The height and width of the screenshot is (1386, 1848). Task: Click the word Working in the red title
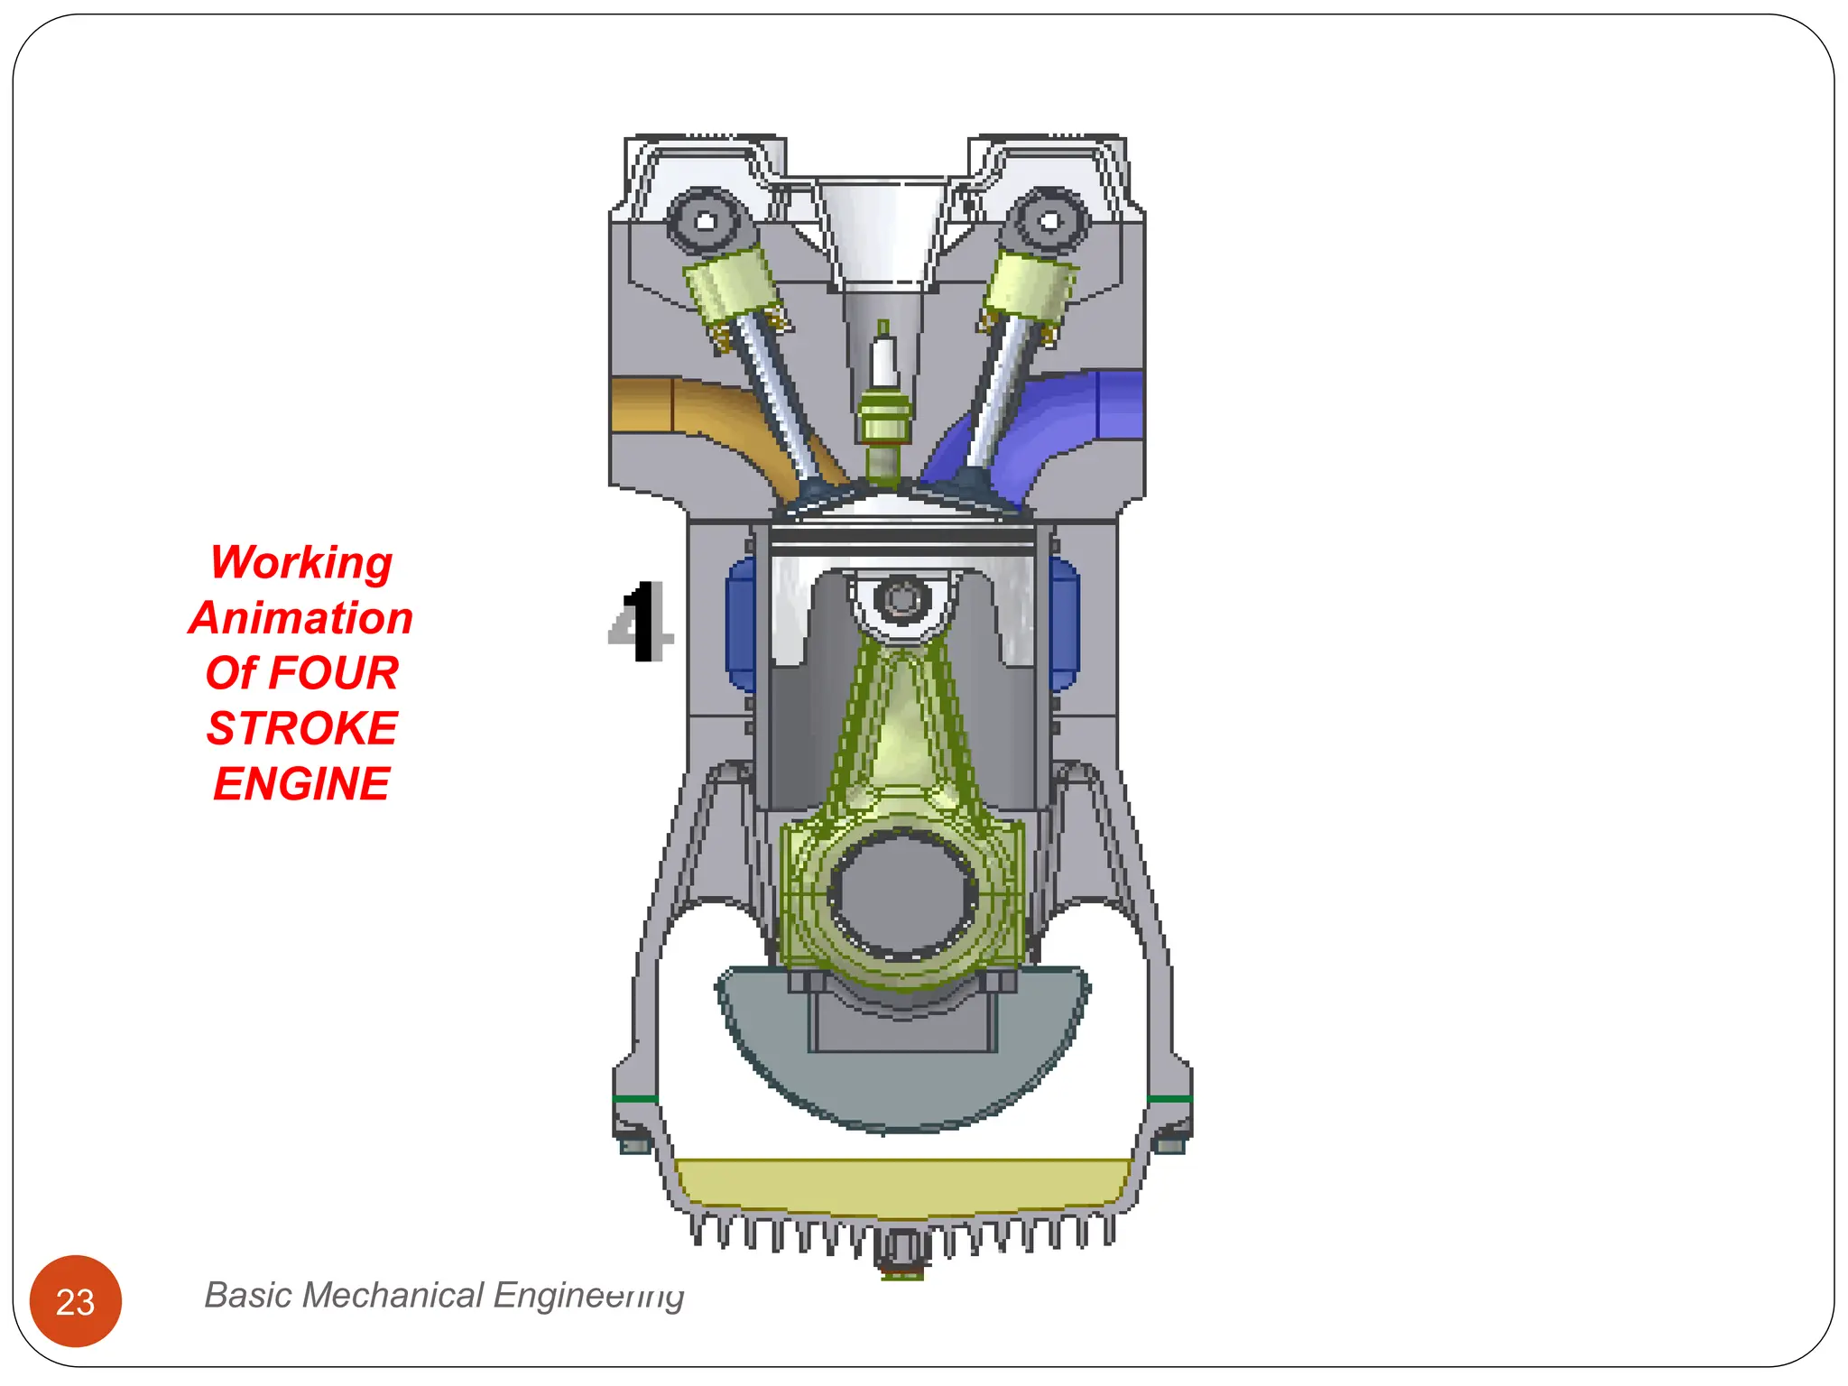301,562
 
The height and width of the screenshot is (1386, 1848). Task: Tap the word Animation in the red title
301,618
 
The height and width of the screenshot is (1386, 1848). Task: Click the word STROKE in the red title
301,728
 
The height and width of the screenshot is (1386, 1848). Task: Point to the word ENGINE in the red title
301,783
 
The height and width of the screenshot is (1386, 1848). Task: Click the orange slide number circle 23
76,1301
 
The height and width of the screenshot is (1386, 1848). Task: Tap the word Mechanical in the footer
394,1295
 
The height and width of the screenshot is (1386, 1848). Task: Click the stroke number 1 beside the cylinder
642,622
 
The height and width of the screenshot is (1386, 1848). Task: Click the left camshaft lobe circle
706,221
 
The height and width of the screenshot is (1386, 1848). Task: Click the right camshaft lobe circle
1049,220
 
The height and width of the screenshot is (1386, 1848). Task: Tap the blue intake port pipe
1065,415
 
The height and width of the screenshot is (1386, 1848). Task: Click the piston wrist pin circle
901,599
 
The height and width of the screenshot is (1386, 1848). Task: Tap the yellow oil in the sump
902,1184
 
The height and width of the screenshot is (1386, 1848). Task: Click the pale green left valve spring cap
727,285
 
